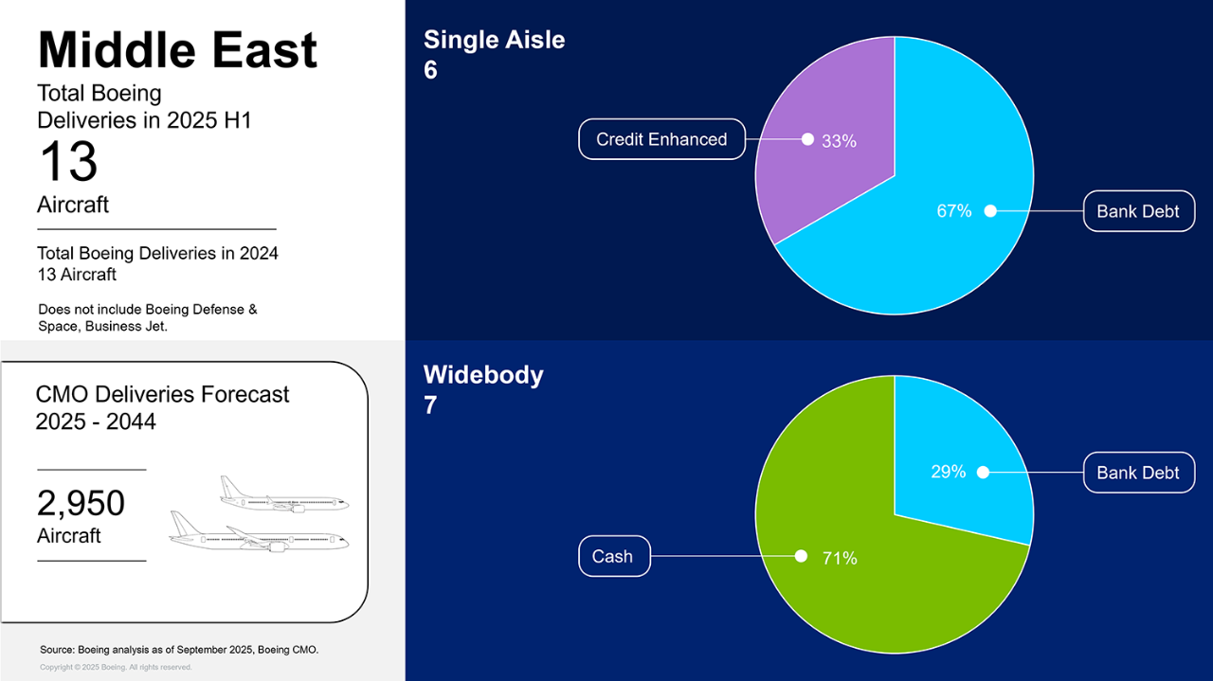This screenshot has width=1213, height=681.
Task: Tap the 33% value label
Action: pyautogui.click(x=839, y=141)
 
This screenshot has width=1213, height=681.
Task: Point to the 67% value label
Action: pyautogui.click(x=954, y=210)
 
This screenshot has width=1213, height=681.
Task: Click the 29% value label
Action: pyautogui.click(x=949, y=472)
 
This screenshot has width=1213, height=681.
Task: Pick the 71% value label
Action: pyautogui.click(x=840, y=558)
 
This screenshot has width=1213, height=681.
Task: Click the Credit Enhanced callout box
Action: pyautogui.click(x=661, y=139)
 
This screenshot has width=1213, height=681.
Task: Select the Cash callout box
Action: pyautogui.click(x=614, y=556)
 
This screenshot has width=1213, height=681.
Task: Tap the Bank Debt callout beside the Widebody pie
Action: pyautogui.click(x=1139, y=473)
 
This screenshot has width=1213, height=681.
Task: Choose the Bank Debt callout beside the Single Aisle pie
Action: pyautogui.click(x=1139, y=211)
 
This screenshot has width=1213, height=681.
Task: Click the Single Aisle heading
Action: pyautogui.click(x=494, y=40)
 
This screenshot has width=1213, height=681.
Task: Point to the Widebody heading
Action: pyautogui.click(x=483, y=375)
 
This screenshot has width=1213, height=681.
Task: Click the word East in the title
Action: pyautogui.click(x=263, y=50)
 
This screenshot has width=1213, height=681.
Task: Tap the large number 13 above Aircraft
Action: pyautogui.click(x=68, y=161)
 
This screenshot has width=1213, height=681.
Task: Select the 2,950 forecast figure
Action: pyautogui.click(x=81, y=503)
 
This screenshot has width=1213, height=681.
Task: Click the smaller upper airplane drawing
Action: pyautogui.click(x=283, y=493)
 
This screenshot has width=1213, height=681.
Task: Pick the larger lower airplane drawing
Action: pyautogui.click(x=259, y=531)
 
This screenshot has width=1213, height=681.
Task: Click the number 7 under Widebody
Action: pyautogui.click(x=430, y=405)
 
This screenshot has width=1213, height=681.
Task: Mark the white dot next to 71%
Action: pyautogui.click(x=801, y=556)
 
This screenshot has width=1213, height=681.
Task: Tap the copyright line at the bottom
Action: pyautogui.click(x=116, y=667)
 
